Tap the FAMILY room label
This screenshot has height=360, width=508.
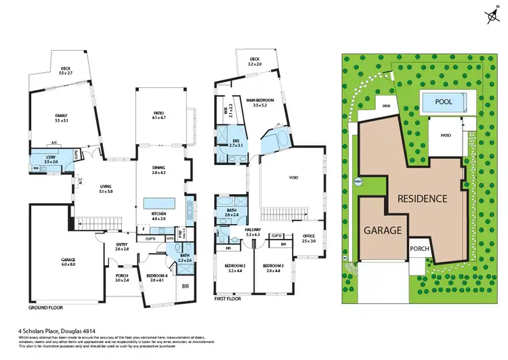coord(62,116)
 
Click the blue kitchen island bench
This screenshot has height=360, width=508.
coord(159,203)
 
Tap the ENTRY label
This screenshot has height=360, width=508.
coord(121,246)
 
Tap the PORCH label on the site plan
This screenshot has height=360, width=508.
coord(419,249)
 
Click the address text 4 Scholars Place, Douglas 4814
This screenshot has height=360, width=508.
coord(60,332)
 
